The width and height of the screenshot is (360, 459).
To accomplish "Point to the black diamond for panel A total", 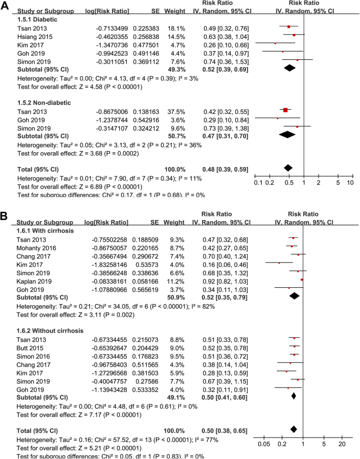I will click(287, 168).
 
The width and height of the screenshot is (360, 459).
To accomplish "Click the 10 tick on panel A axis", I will click(350, 182).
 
